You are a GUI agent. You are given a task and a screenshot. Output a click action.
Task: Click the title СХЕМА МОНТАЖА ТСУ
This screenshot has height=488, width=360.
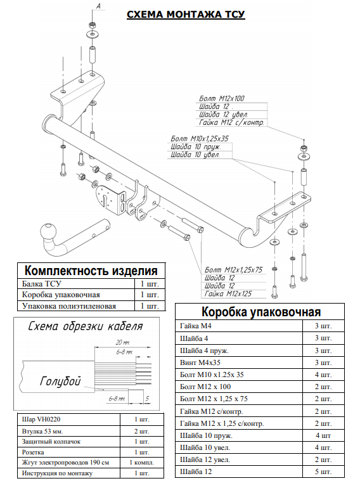(186, 14)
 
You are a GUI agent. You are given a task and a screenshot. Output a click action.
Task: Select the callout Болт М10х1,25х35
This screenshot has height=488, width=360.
(200, 138)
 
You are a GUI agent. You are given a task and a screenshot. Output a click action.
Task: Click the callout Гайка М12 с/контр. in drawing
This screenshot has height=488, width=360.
(231, 122)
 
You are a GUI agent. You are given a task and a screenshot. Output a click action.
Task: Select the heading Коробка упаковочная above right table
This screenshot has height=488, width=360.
(260, 312)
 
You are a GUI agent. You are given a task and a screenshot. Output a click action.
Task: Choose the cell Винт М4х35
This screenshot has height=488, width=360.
(199, 362)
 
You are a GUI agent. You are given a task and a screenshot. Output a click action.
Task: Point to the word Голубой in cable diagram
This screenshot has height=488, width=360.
(60, 382)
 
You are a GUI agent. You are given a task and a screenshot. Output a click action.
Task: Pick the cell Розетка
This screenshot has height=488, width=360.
(35, 453)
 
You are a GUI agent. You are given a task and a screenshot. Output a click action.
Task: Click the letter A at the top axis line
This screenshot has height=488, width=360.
(98, 6)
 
